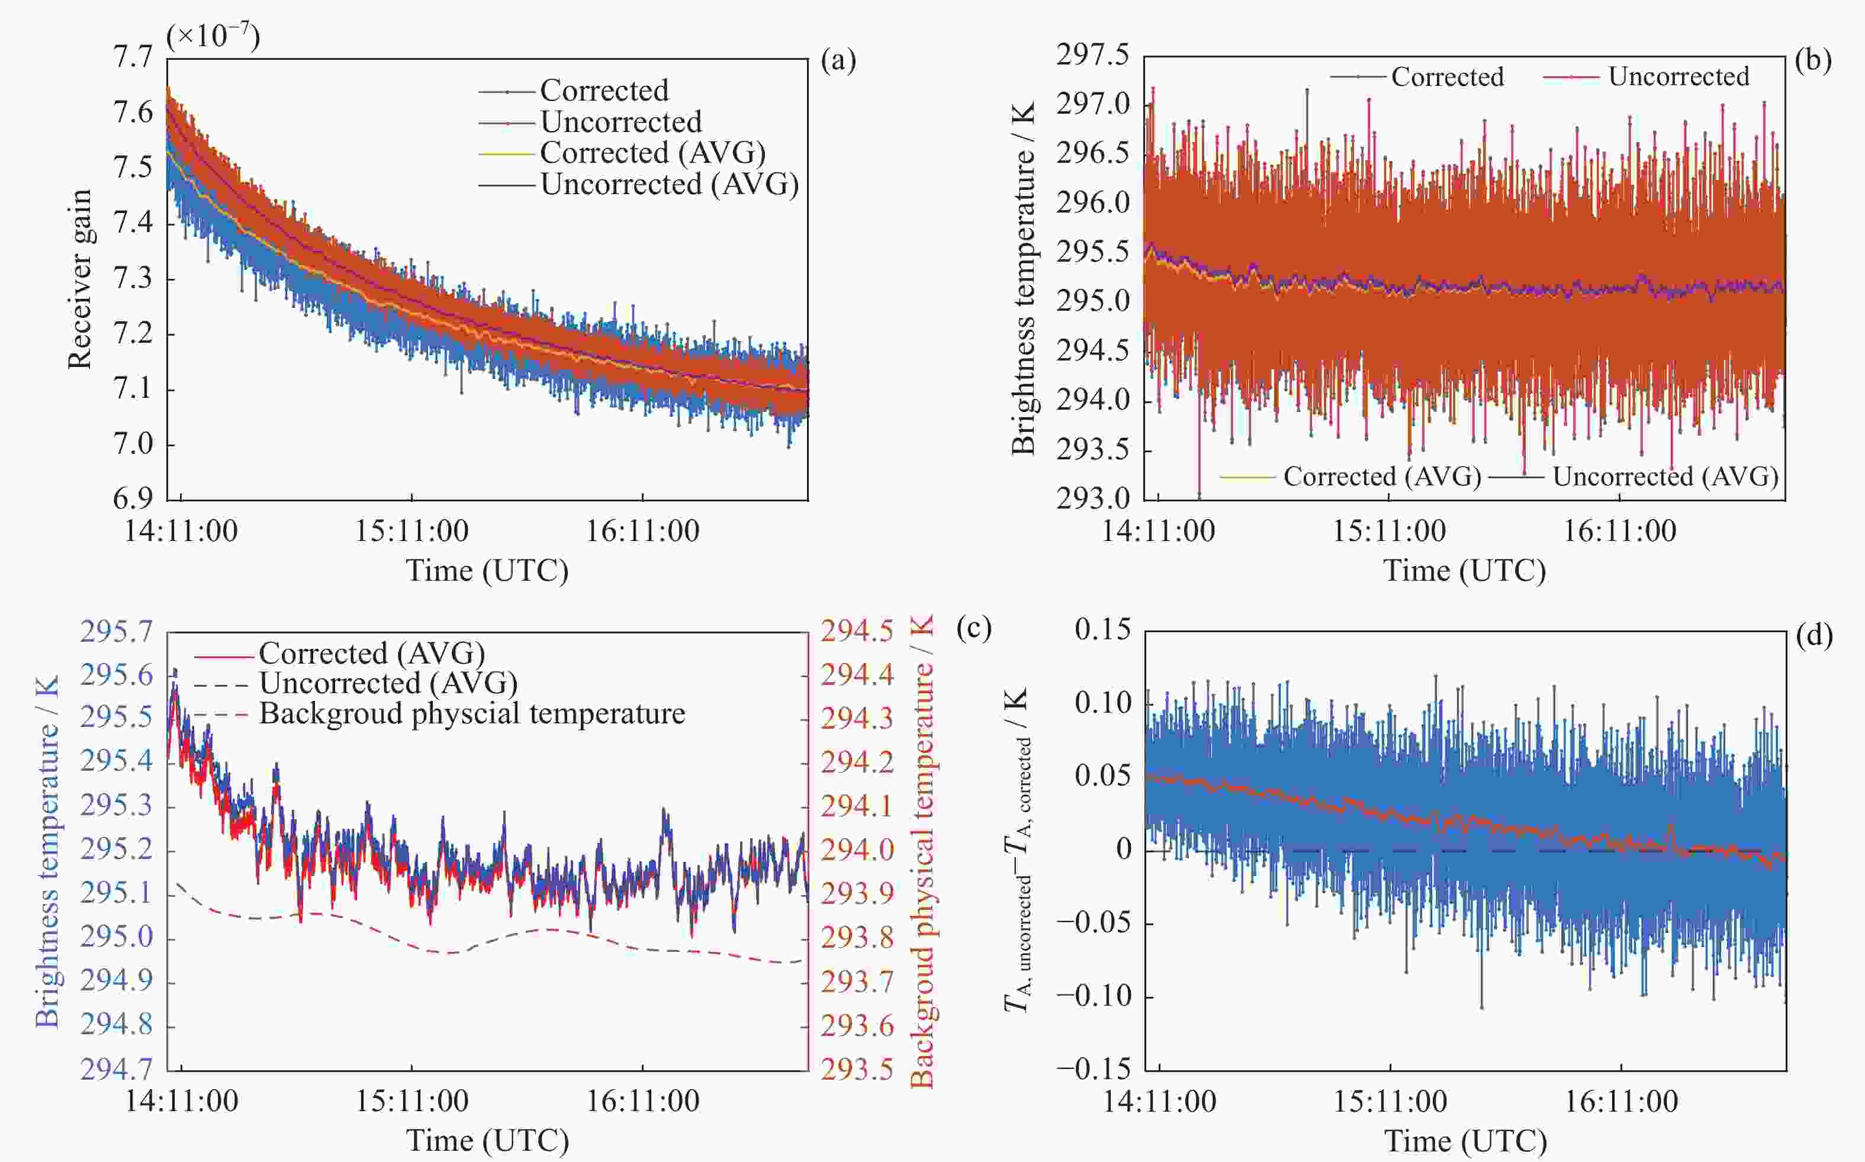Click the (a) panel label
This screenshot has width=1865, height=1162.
point(838,60)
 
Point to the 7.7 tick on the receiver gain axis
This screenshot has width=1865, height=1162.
point(133,57)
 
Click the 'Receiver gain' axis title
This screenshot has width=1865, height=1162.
point(79,279)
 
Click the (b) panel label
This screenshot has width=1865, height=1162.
point(1813,60)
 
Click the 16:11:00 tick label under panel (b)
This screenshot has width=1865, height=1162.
point(1620,531)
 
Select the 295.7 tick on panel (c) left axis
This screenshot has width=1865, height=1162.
point(117,632)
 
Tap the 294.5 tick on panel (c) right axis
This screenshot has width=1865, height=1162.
point(857,632)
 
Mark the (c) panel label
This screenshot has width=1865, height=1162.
point(973,628)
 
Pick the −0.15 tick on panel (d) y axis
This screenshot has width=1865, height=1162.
point(1094,1069)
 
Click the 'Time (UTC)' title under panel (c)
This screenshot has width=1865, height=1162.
point(487,1141)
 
